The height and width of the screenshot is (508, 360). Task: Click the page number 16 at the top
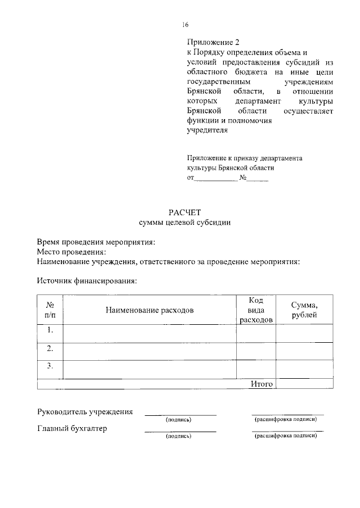[x=185, y=24]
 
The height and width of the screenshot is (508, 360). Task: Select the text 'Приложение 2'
[x=209, y=42]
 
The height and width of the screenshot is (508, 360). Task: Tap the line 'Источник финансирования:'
[x=87, y=280]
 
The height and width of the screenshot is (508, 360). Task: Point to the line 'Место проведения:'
[x=71, y=252]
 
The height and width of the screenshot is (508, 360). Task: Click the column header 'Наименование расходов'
[x=149, y=310]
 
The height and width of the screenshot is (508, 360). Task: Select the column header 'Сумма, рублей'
[x=304, y=310]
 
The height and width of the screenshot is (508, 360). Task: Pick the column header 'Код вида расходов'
[x=256, y=310]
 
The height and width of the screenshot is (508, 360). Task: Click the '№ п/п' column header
[x=50, y=310]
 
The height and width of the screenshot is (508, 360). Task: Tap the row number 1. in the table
[x=50, y=330]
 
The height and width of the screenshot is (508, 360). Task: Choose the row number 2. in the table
[x=50, y=348]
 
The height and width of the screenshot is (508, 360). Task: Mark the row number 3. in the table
[x=50, y=366]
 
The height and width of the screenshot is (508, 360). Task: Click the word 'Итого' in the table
[x=262, y=384]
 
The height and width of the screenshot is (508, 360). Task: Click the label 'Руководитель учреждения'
[x=85, y=411]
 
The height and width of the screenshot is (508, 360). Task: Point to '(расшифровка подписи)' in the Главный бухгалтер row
[x=286, y=436]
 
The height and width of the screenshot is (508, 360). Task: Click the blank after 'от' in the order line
[x=215, y=178]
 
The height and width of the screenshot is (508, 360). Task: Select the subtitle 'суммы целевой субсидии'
[x=184, y=223]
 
